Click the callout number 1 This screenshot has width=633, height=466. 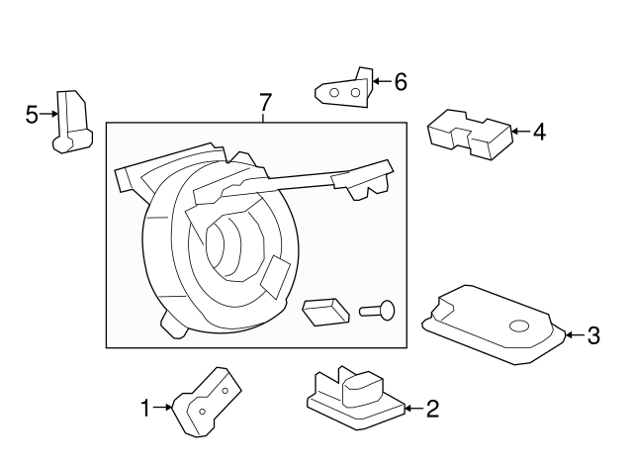(145, 407)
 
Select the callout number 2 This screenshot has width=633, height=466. (432, 408)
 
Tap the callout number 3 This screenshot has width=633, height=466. (593, 335)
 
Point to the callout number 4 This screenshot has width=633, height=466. (538, 130)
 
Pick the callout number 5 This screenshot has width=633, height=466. (32, 115)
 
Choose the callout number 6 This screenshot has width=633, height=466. (400, 81)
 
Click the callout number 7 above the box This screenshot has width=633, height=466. (264, 102)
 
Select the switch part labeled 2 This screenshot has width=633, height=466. (352, 397)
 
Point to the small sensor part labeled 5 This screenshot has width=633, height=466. (68, 123)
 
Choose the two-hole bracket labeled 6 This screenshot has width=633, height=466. (345, 90)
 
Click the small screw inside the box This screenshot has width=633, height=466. (378, 311)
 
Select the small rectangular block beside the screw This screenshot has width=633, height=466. (325, 312)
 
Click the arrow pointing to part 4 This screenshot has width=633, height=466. (520, 130)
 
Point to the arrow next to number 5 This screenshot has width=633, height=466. (48, 115)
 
